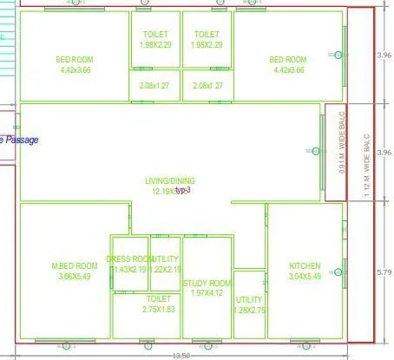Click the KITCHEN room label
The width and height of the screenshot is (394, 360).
[305, 265]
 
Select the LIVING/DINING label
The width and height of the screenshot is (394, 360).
[168, 180]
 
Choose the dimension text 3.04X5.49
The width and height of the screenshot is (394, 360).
[305, 276]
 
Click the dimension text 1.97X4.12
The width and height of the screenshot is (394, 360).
[209, 293]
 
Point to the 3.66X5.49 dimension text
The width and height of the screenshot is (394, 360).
[74, 276]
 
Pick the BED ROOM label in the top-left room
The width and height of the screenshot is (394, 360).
[75, 59]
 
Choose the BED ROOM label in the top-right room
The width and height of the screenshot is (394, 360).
[288, 59]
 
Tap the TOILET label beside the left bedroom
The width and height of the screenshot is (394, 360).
[156, 34]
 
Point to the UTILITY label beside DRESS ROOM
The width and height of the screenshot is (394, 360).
[166, 259]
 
